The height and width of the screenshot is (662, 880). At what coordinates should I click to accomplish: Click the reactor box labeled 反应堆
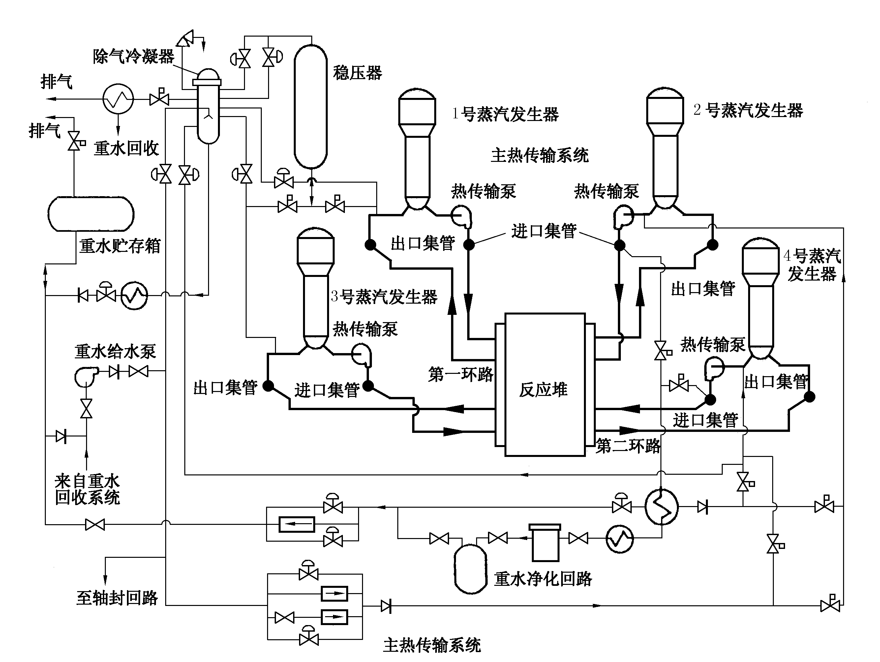(545, 384)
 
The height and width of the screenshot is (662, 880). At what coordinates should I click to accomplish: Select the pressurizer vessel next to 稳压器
(310, 106)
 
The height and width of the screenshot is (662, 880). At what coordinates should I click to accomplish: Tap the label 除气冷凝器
(134, 56)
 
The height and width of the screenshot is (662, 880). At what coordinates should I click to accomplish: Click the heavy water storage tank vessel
(91, 214)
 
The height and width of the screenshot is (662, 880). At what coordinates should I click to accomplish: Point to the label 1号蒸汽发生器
(505, 114)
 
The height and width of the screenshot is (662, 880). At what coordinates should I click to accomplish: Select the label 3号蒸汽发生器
(384, 296)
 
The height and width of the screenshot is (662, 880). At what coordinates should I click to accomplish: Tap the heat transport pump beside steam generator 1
(462, 216)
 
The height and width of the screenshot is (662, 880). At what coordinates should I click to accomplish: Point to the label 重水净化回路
(543, 579)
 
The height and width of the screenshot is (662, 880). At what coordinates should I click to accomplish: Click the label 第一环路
(460, 374)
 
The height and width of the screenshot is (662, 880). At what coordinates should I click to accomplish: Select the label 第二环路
(628, 446)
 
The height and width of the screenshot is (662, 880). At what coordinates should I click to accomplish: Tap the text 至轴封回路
(117, 598)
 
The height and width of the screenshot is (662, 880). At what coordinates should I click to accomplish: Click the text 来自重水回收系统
(87, 489)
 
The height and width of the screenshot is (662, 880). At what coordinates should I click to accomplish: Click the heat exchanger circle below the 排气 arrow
(118, 99)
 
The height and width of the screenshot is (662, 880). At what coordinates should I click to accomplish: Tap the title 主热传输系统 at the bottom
(432, 645)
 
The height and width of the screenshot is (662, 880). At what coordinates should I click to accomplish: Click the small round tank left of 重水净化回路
(470, 569)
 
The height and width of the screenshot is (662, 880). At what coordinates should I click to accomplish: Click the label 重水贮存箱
(119, 246)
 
